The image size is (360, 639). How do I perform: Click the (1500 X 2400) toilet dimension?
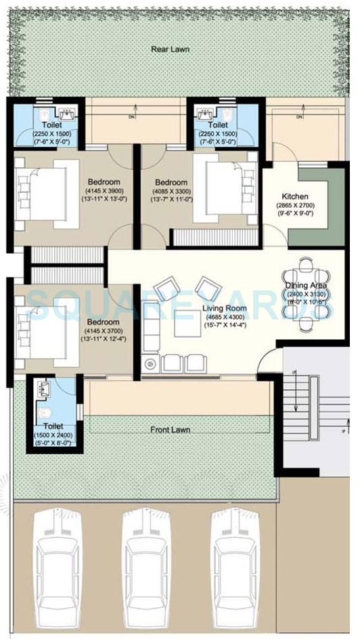(x=55, y=435)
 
